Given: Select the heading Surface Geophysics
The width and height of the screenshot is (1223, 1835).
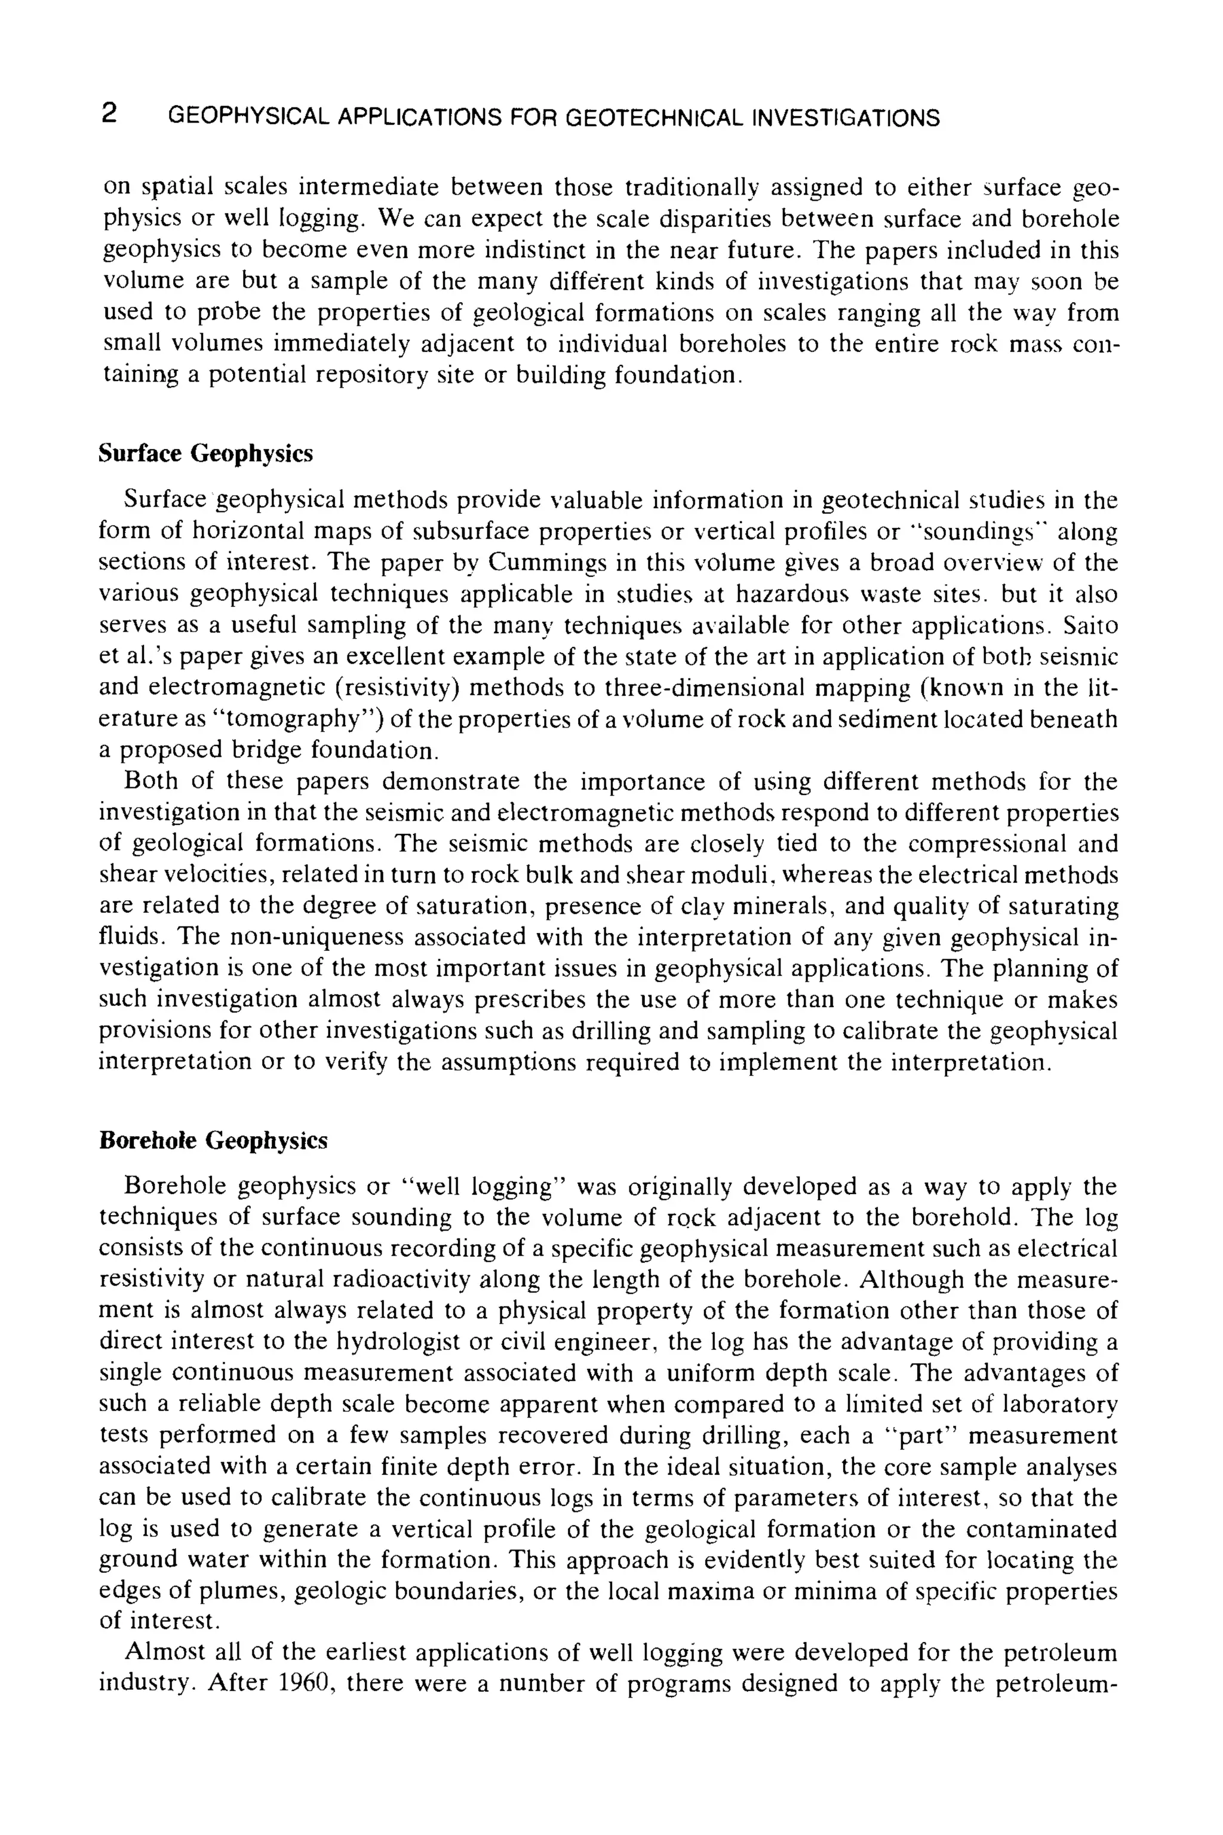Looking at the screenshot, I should [x=206, y=453].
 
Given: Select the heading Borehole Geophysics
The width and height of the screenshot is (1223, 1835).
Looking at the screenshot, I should [x=214, y=1141].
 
